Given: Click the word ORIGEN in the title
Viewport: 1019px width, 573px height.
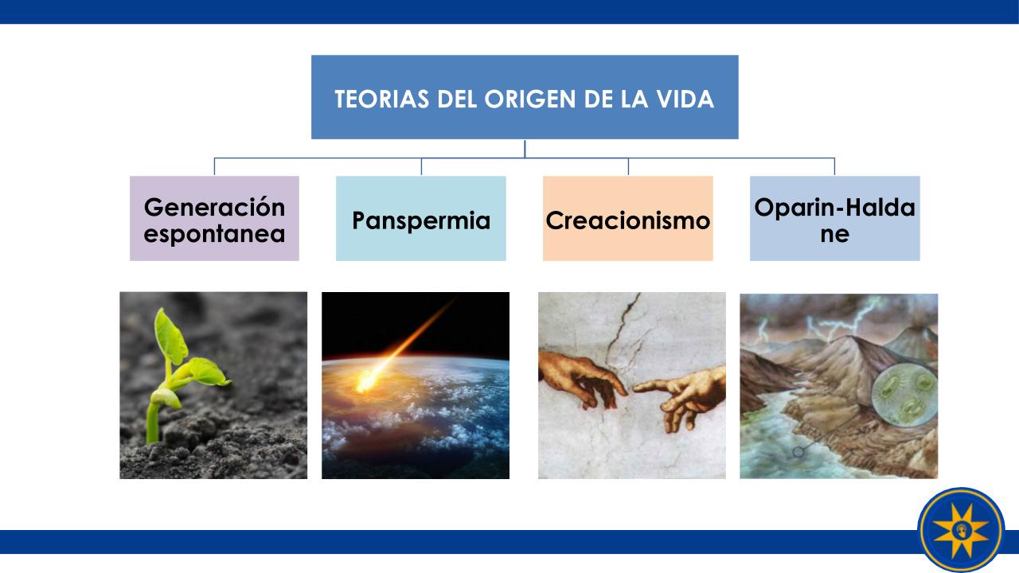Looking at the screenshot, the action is (x=530, y=99).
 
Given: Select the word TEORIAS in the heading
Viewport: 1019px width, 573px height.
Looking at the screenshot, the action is (x=381, y=99).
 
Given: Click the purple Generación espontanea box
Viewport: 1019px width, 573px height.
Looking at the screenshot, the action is (x=214, y=218).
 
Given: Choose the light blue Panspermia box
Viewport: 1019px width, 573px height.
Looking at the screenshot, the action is (x=421, y=218).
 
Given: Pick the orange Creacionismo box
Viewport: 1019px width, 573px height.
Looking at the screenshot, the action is (x=628, y=218).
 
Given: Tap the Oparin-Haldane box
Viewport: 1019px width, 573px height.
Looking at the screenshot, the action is (x=835, y=218).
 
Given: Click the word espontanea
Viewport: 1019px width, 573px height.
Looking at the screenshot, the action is (x=214, y=234).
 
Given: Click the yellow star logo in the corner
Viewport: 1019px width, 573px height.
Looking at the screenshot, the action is (x=961, y=530).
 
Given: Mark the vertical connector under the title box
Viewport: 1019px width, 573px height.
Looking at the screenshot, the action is (x=525, y=149).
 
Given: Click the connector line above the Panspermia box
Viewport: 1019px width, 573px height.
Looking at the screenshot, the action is (x=421, y=166).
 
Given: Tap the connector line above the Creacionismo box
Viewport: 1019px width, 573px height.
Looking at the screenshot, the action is (x=628, y=166).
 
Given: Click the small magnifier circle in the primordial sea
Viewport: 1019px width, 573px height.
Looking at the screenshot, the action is (x=798, y=451).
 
